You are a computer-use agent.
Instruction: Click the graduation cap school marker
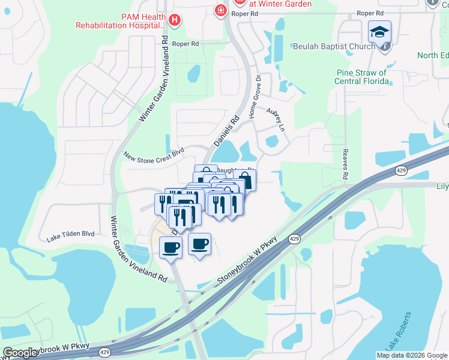pos(379,32)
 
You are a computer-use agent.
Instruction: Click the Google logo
pos(20,353)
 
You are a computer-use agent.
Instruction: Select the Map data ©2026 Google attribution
pos(412,355)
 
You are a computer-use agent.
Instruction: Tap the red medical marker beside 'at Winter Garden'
pos(221,9)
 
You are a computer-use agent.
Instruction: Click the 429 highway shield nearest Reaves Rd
pos(402,172)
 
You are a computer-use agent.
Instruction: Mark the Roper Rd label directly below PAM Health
pos(185,44)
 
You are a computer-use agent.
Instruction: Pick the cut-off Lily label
pos(442,187)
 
